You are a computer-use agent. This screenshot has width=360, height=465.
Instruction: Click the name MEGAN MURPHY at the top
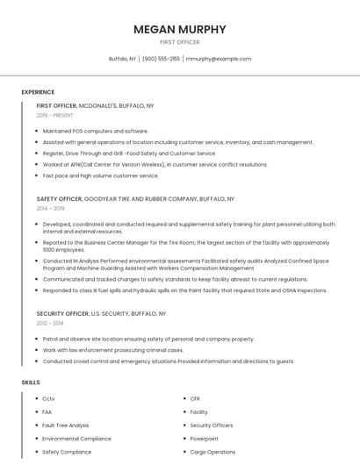(179, 29)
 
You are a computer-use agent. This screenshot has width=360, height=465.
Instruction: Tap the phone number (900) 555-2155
(161, 59)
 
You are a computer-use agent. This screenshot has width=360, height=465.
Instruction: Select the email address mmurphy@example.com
(219, 59)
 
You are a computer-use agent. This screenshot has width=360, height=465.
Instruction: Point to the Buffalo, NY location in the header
(122, 59)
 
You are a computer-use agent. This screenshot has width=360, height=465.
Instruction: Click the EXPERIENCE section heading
(38, 92)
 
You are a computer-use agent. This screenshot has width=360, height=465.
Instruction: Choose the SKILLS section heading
(31, 383)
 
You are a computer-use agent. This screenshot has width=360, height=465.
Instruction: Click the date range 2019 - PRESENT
(55, 115)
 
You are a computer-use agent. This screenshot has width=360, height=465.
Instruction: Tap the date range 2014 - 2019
(51, 209)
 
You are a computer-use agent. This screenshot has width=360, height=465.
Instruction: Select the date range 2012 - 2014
(51, 323)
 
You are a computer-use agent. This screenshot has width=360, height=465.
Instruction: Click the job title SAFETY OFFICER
(59, 199)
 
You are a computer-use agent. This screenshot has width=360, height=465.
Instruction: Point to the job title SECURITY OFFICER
(62, 313)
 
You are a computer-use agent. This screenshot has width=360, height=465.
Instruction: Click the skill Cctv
(48, 399)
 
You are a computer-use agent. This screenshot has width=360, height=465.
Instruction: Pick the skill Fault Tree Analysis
(66, 426)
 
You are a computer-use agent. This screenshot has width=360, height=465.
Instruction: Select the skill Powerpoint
(205, 439)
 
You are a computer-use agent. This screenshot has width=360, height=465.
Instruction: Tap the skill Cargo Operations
(212, 452)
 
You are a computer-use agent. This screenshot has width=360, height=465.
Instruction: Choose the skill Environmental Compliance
(76, 439)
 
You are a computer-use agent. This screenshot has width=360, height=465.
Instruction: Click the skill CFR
(195, 399)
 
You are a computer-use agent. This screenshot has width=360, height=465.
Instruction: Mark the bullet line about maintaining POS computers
(95, 131)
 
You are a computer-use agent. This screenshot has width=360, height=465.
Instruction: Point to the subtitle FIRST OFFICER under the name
(179, 42)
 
